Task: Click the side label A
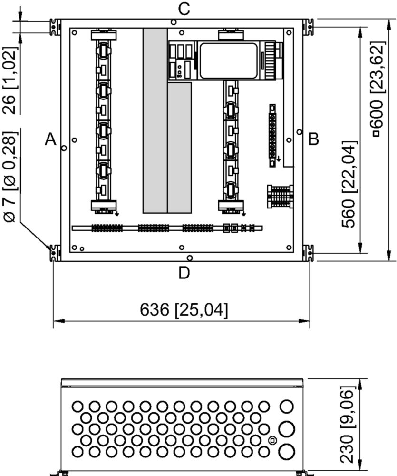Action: [51, 139]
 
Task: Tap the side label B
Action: [314, 139]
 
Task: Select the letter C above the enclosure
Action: [184, 9]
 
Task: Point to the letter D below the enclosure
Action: [184, 273]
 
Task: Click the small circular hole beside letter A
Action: [64, 148]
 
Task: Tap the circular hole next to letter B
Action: [300, 132]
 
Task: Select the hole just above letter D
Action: [190, 258]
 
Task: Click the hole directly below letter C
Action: [174, 22]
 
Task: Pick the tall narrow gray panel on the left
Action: [155, 121]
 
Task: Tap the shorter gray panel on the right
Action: [180, 148]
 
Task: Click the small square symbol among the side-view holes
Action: [272, 440]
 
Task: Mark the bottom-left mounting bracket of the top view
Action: [55, 253]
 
